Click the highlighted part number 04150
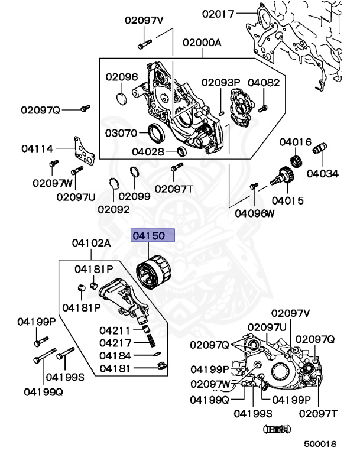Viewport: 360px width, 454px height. pos(153,236)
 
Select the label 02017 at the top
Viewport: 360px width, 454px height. pos(218,13)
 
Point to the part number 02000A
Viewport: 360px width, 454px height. pos(202,43)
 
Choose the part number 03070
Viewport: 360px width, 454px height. pos(122,133)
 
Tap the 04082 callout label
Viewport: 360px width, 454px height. pos(263,83)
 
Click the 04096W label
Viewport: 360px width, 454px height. pos(255,213)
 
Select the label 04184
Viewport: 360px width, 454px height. pos(116,356)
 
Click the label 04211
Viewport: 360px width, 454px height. pos(116,330)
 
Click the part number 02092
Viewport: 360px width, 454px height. pos(113,209)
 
